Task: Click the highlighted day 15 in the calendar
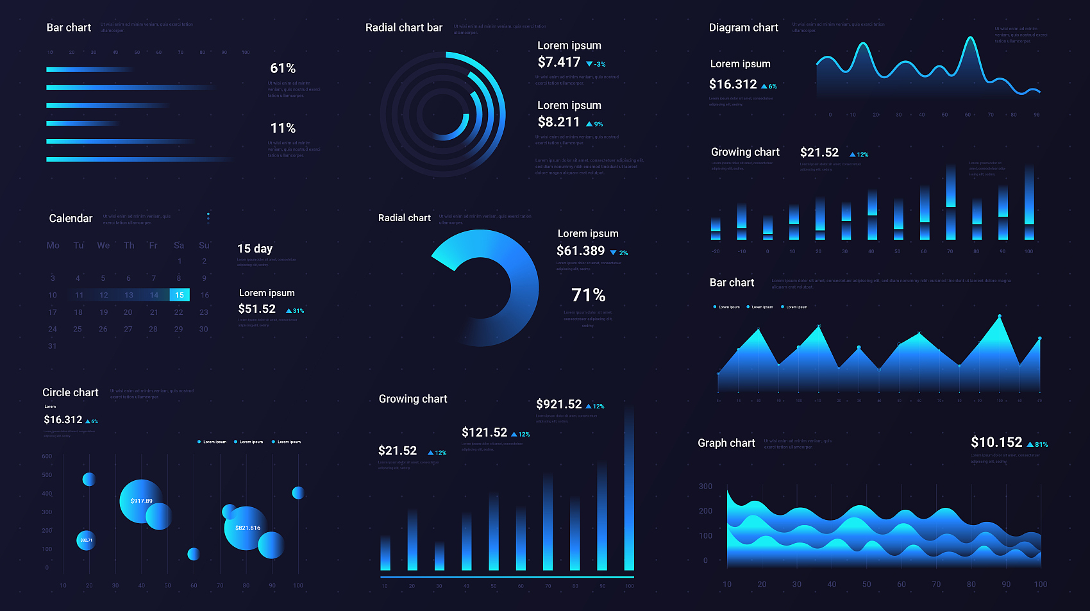[180, 295]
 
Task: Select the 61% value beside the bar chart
[283, 69]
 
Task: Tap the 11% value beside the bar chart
[283, 128]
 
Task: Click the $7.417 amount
[559, 62]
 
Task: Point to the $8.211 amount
[558, 122]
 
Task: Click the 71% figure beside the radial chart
[589, 295]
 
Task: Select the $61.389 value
[580, 251]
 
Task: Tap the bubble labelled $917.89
[141, 501]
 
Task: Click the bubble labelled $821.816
[247, 528]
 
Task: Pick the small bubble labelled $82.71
[86, 540]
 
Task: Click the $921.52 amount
[559, 404]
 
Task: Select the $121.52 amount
[484, 432]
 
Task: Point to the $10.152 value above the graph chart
[996, 442]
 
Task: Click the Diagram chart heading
[743, 28]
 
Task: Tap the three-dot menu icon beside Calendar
[208, 217]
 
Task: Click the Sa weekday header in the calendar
[179, 246]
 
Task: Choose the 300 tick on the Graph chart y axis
[705, 487]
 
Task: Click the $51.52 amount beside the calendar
[257, 309]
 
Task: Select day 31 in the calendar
[53, 346]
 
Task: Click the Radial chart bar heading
[404, 28]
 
